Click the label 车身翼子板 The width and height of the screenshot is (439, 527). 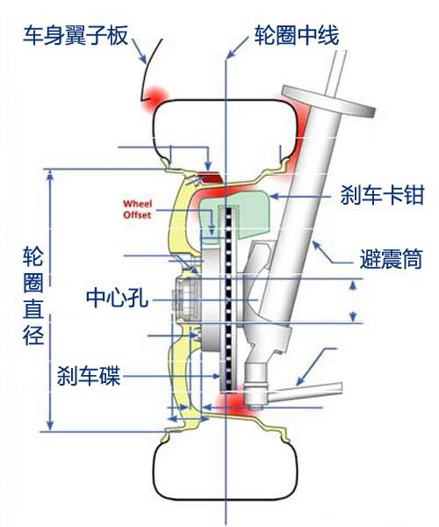(x=76, y=35)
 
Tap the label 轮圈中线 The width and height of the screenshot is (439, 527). (x=296, y=35)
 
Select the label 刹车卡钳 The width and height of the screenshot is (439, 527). (x=383, y=195)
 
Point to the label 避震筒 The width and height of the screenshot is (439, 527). (x=391, y=259)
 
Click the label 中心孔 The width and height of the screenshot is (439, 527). (x=118, y=298)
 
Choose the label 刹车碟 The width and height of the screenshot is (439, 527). (x=89, y=375)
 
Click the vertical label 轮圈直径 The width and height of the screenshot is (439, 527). (x=33, y=296)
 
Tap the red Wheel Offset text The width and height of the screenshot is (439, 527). (x=137, y=209)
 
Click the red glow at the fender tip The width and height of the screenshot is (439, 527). (x=154, y=99)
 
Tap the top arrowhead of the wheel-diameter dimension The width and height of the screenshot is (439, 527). (x=50, y=176)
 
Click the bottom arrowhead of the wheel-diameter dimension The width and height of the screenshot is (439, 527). (x=50, y=424)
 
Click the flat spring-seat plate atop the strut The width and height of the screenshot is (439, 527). (x=327, y=101)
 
